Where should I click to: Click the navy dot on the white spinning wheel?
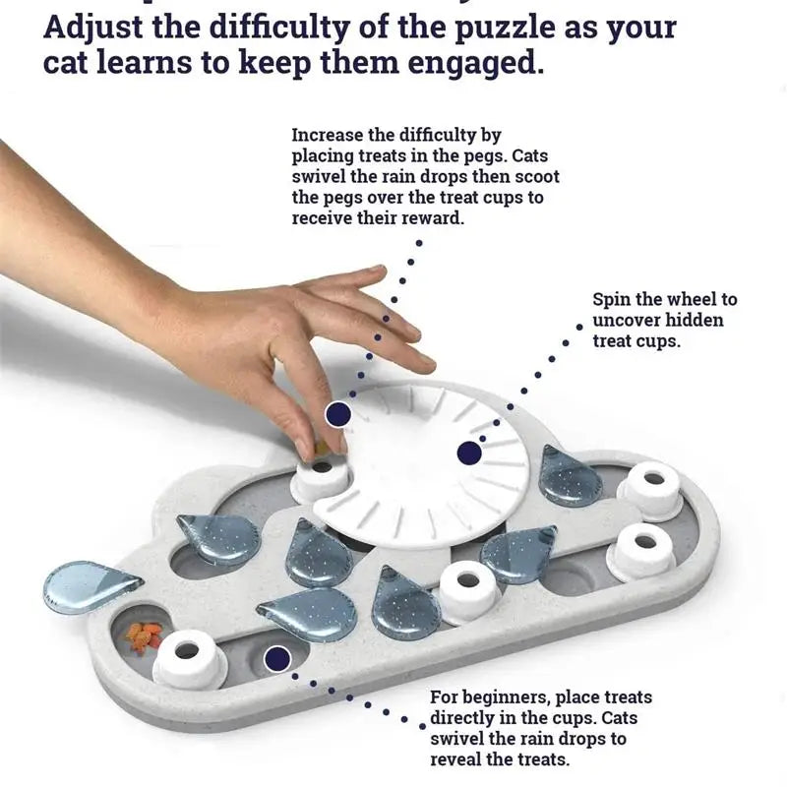click(x=469, y=453)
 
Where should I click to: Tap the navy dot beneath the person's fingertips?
click(x=338, y=413)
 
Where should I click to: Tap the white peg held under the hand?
click(x=322, y=478)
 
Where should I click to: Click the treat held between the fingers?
click(x=322, y=449)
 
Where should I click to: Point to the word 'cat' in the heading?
click(x=71, y=64)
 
